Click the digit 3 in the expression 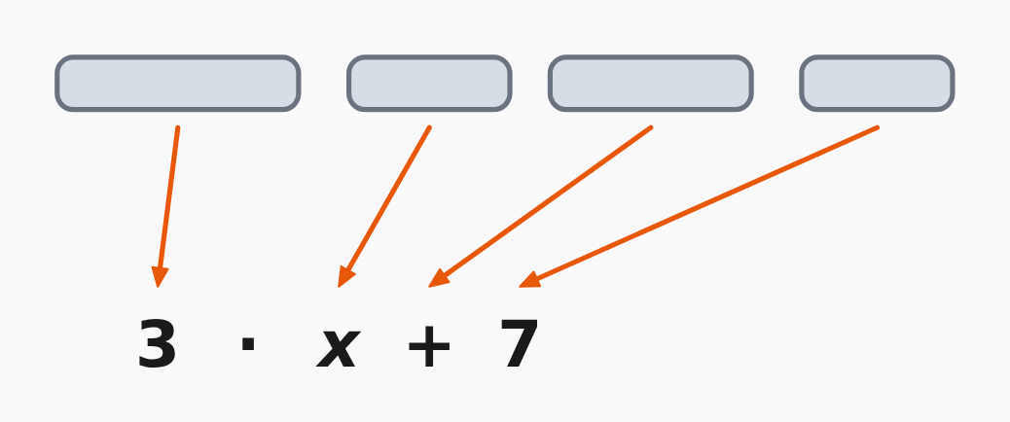click(157, 344)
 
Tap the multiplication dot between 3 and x click(248, 343)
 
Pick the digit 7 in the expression click(520, 344)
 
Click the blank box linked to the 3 click(178, 83)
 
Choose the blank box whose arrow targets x click(430, 83)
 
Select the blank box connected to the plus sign click(651, 83)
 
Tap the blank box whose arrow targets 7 click(877, 83)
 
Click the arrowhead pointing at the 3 click(160, 276)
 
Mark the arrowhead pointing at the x click(344, 277)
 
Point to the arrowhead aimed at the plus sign click(437, 279)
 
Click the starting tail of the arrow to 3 click(178, 127)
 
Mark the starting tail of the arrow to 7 click(878, 127)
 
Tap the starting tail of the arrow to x click(430, 127)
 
